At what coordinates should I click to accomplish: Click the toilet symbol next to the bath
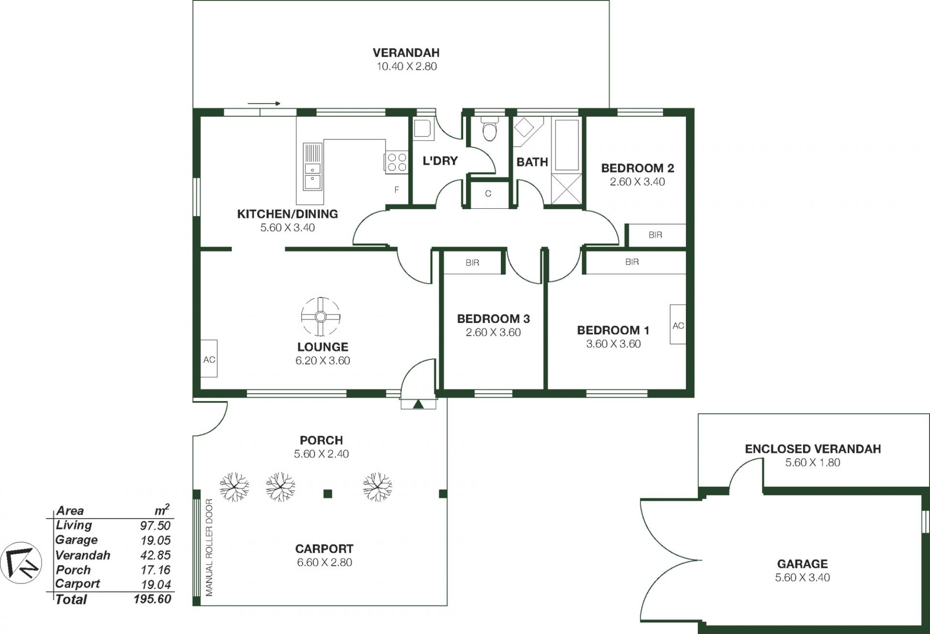[x=490, y=128]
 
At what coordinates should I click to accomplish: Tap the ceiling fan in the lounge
[x=321, y=317]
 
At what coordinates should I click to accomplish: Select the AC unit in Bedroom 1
[x=678, y=325]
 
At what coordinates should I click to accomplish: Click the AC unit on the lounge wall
[x=209, y=359]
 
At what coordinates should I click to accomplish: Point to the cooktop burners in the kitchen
[x=396, y=162]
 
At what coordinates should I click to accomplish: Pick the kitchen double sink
[x=312, y=166]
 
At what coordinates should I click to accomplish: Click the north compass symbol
[x=21, y=563]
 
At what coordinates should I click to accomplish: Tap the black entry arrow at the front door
[x=418, y=404]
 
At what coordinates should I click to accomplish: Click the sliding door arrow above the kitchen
[x=264, y=103]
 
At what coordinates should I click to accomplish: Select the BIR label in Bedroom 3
[x=472, y=263]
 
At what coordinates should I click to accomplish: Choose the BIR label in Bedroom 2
[x=655, y=235]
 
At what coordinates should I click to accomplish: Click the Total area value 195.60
[x=153, y=599]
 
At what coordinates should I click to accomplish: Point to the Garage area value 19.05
[x=155, y=540]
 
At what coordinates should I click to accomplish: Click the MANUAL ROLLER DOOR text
[x=209, y=547]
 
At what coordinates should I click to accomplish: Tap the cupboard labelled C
[x=488, y=194]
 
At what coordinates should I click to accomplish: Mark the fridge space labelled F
[x=397, y=190]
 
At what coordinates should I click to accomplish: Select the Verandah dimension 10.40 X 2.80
[x=407, y=66]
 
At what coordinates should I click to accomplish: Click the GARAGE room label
[x=803, y=564]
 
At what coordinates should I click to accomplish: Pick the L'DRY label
[x=440, y=161]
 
